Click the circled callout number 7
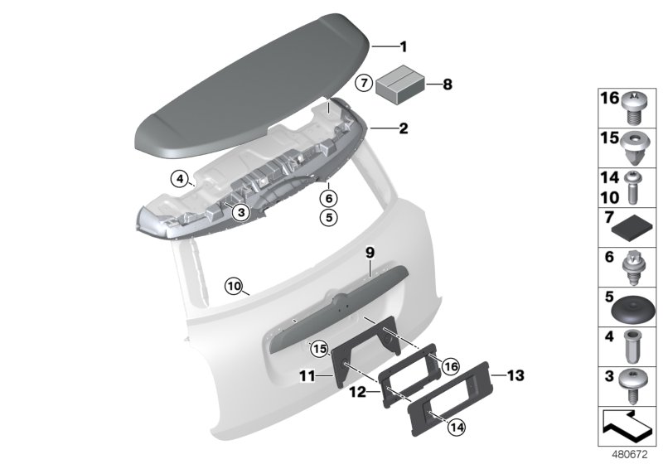click(363, 83)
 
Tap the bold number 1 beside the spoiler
click(404, 46)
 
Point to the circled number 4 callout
click(177, 176)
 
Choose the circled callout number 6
click(329, 199)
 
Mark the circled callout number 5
click(329, 218)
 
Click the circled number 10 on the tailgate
click(234, 287)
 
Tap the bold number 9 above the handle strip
click(370, 251)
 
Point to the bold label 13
click(515, 375)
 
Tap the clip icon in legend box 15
click(636, 146)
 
